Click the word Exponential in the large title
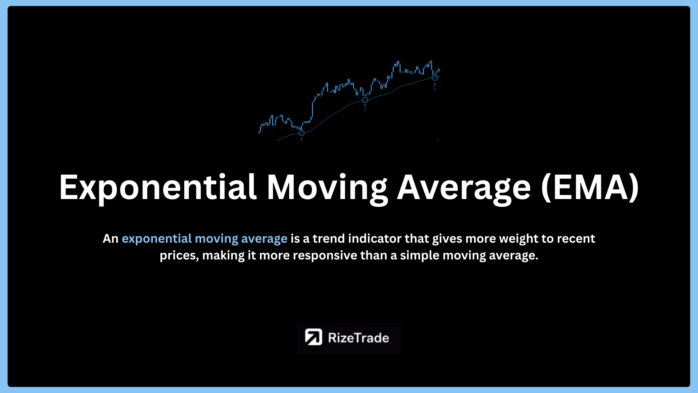158,188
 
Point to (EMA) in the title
590,188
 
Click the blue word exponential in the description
157,239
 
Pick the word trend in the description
329,238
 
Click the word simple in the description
420,256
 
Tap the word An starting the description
111,239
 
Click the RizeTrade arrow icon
313,337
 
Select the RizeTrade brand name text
358,338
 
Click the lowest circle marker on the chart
301,133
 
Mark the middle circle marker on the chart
365,100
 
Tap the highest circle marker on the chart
434,78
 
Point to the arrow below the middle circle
365,108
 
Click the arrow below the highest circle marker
435,87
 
